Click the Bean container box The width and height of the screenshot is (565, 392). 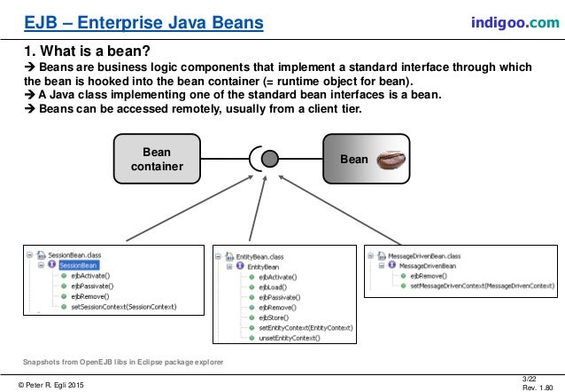[x=158, y=160]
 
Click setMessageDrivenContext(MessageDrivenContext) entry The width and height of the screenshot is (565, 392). [x=483, y=287]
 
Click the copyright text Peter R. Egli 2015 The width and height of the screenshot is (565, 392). [x=52, y=383]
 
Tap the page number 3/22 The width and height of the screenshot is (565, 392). [x=530, y=379]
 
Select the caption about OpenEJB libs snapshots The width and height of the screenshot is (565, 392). [x=123, y=363]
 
